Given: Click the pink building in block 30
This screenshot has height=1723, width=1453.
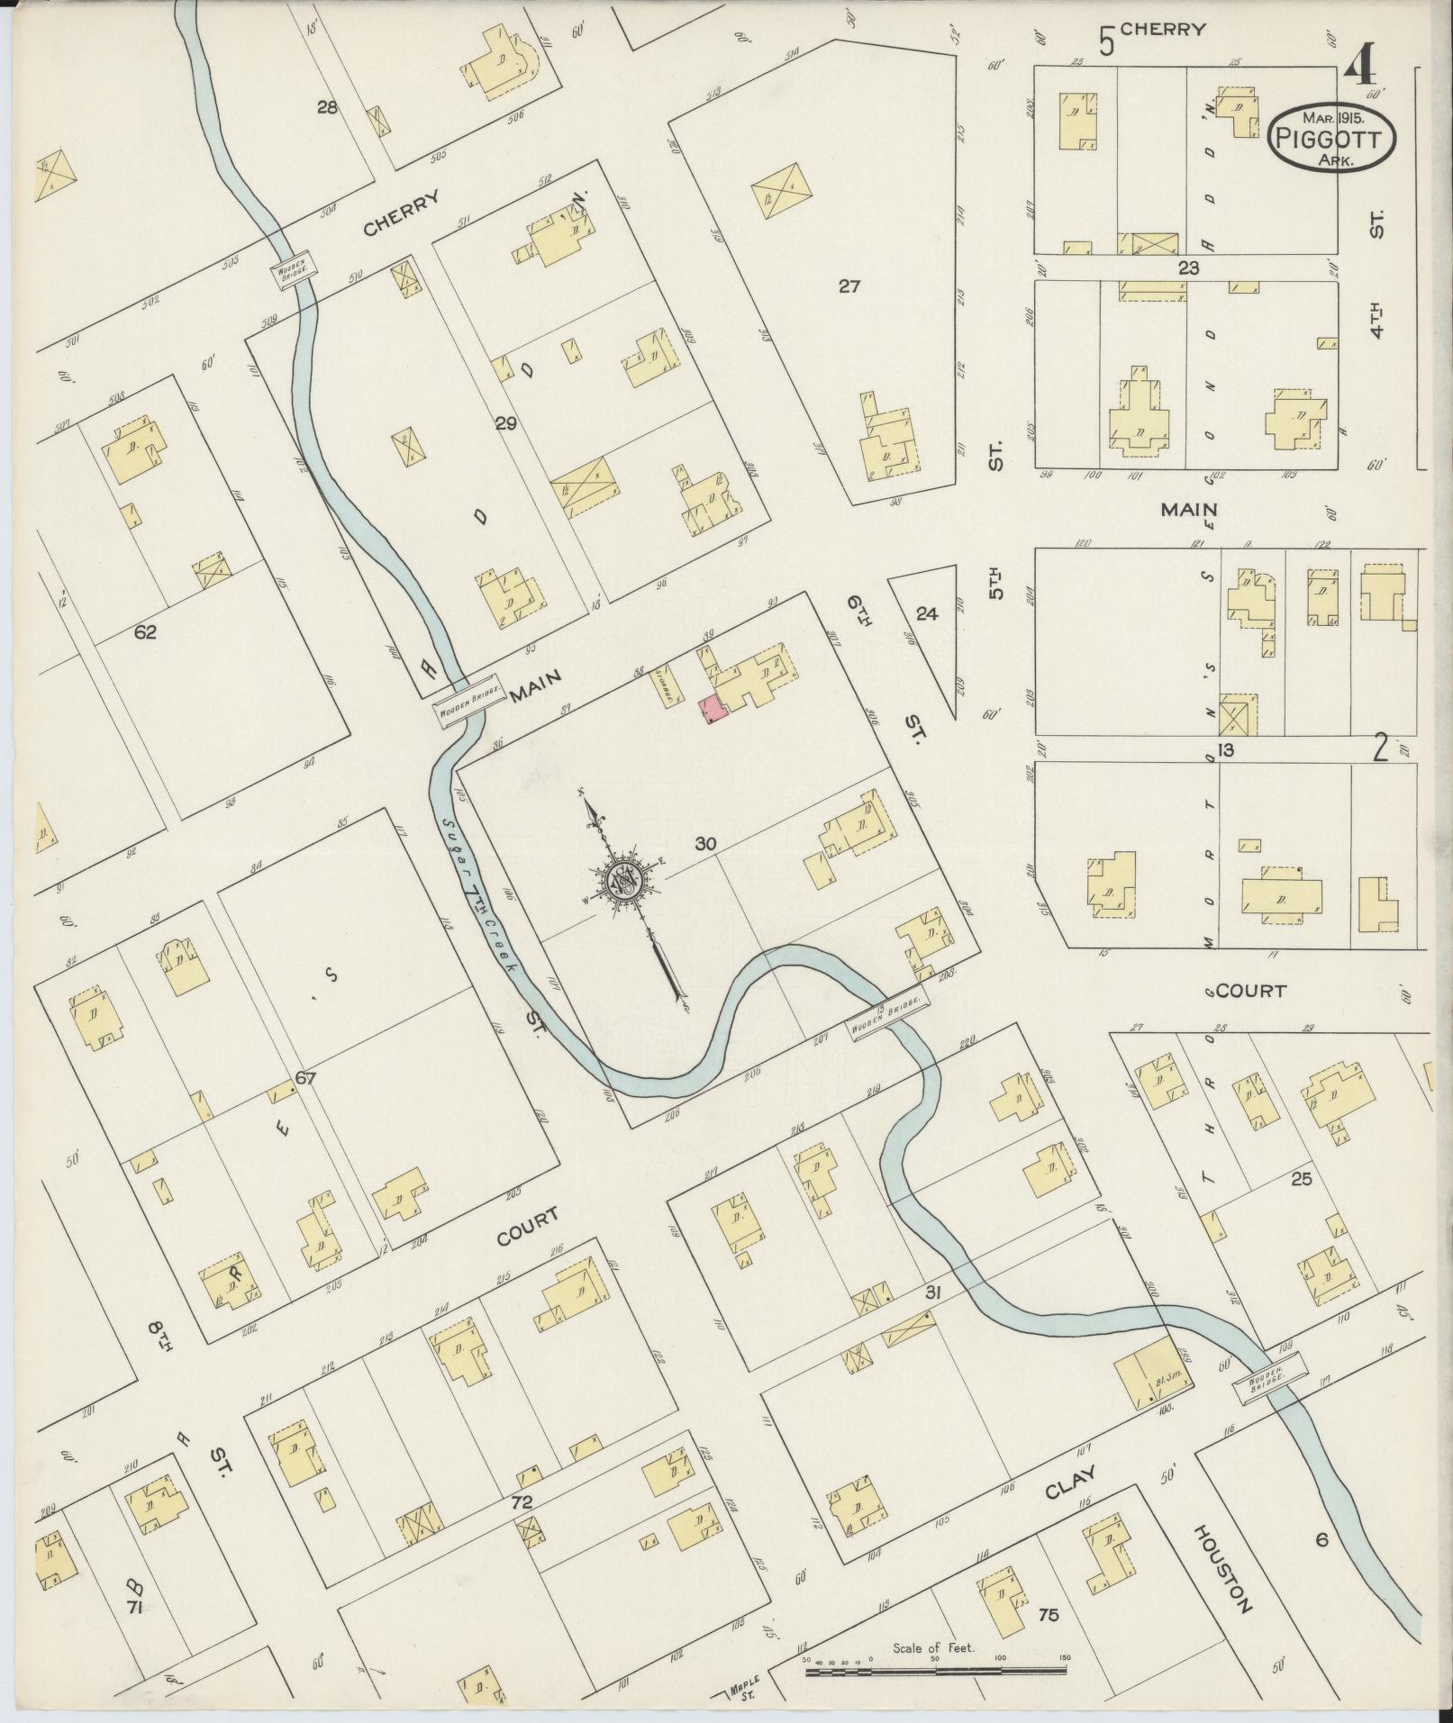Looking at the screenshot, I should point(713,709).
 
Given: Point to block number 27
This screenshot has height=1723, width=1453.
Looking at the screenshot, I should point(849,286).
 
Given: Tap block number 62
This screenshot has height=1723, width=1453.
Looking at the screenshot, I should point(145,632).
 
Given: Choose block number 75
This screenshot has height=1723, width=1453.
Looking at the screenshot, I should point(1049,1615).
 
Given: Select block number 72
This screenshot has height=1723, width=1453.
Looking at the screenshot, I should point(522,1501).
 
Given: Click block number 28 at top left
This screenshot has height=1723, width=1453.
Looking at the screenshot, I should point(327,107).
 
